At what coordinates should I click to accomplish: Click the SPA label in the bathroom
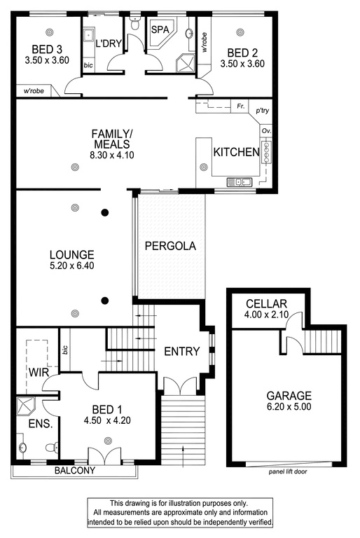(x=160, y=29)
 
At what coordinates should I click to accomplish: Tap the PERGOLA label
(x=170, y=246)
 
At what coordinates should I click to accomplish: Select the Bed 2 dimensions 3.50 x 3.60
(x=242, y=64)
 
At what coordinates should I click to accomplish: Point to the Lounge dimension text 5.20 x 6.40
(x=71, y=265)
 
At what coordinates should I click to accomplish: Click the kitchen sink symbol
(x=240, y=181)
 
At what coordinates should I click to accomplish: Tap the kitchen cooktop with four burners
(x=266, y=152)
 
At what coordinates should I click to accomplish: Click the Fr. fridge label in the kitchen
(x=241, y=106)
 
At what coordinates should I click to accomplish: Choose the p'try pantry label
(x=263, y=111)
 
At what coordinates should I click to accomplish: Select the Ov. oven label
(x=266, y=131)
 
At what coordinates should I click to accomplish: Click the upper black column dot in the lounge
(x=105, y=213)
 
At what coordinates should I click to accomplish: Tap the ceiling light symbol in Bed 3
(x=50, y=32)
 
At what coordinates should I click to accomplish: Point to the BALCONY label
(x=75, y=471)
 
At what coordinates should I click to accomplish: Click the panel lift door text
(x=288, y=471)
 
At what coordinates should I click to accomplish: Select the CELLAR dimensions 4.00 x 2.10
(x=266, y=315)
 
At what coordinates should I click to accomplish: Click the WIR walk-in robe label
(x=39, y=372)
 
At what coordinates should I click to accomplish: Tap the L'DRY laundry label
(x=109, y=43)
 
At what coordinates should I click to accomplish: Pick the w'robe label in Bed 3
(x=34, y=91)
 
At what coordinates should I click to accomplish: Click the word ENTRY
(x=182, y=352)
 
